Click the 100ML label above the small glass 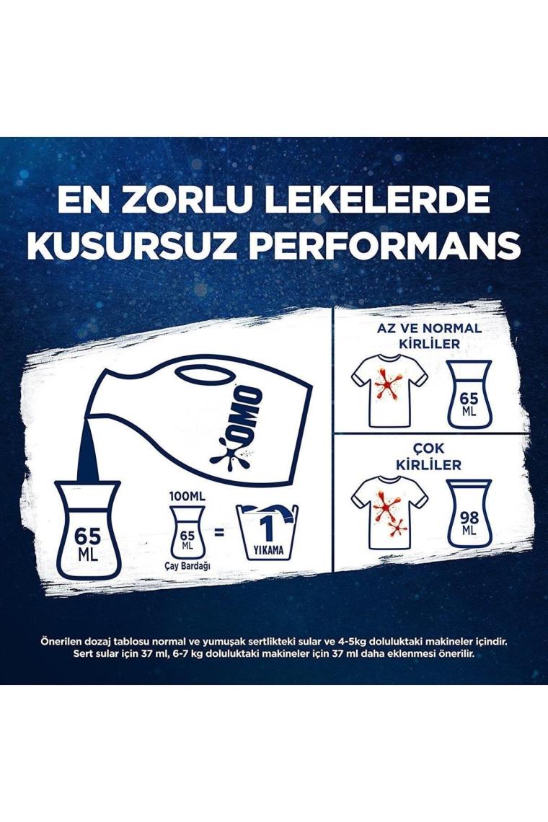(187, 496)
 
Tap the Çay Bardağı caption (187, 564)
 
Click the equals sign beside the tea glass (219, 533)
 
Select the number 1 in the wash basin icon (268, 529)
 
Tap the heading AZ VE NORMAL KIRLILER (430, 336)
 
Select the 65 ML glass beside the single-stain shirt (469, 394)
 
